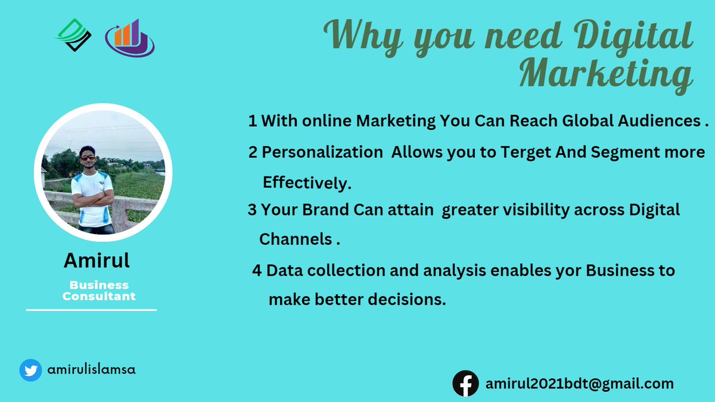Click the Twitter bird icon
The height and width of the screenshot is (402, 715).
[30, 370]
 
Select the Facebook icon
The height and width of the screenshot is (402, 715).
[465, 384]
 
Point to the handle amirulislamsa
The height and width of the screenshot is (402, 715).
[91, 369]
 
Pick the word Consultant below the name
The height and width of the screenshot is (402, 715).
[99, 296]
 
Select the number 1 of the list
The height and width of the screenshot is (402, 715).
[253, 121]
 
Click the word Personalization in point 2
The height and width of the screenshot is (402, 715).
[322, 152]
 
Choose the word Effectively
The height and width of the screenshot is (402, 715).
[307, 183]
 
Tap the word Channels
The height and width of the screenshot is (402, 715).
[295, 239]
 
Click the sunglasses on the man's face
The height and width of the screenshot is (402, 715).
[88, 158]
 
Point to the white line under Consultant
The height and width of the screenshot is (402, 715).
[91, 310]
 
